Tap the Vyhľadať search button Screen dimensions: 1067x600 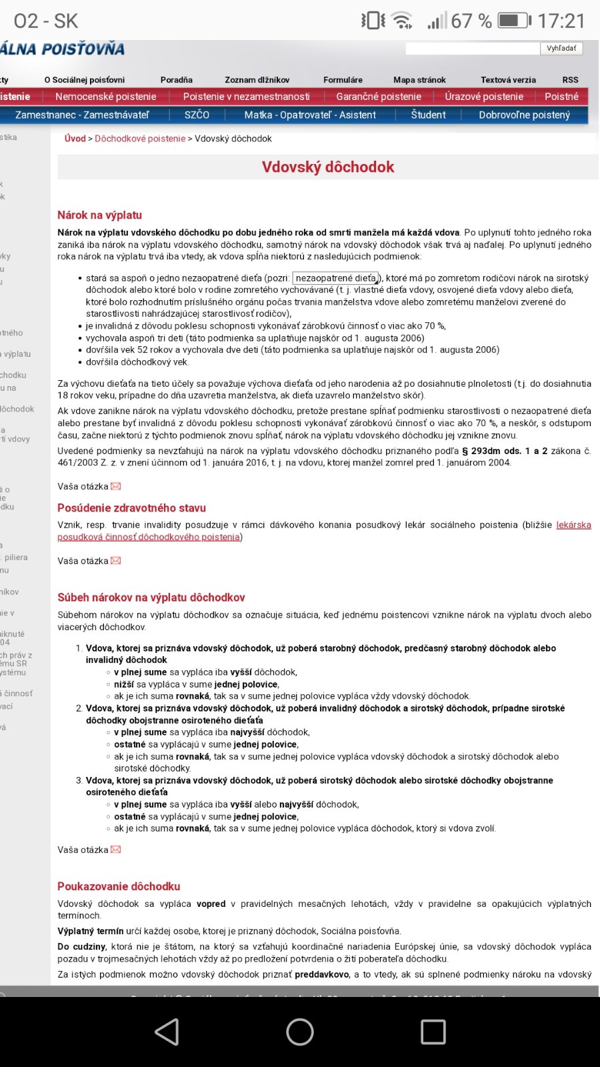coord(561,48)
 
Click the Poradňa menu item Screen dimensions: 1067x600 coord(176,79)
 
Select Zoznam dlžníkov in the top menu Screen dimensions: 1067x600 coord(257,79)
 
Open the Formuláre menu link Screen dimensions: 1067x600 coord(343,79)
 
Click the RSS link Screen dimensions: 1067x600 coord(570,79)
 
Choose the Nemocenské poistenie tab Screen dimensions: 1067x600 coord(105,97)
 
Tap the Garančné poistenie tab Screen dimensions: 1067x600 coord(378,97)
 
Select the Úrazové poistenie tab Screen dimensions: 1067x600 coord(484,97)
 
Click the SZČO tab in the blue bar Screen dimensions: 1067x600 coord(197,115)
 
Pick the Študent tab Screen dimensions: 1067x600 coord(428,115)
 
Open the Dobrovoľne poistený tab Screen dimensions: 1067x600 coord(524,115)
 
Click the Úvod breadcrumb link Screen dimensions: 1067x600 coord(75,139)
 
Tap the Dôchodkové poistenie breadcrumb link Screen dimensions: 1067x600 coord(140,139)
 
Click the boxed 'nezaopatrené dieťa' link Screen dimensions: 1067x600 coord(336,278)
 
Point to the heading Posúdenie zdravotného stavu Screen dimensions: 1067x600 coord(131,508)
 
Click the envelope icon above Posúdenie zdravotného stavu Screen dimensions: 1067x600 coord(116,487)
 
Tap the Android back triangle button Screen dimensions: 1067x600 coord(167,1032)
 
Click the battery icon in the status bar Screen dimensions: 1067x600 coord(514,21)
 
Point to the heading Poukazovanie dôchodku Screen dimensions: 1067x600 coord(119,886)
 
